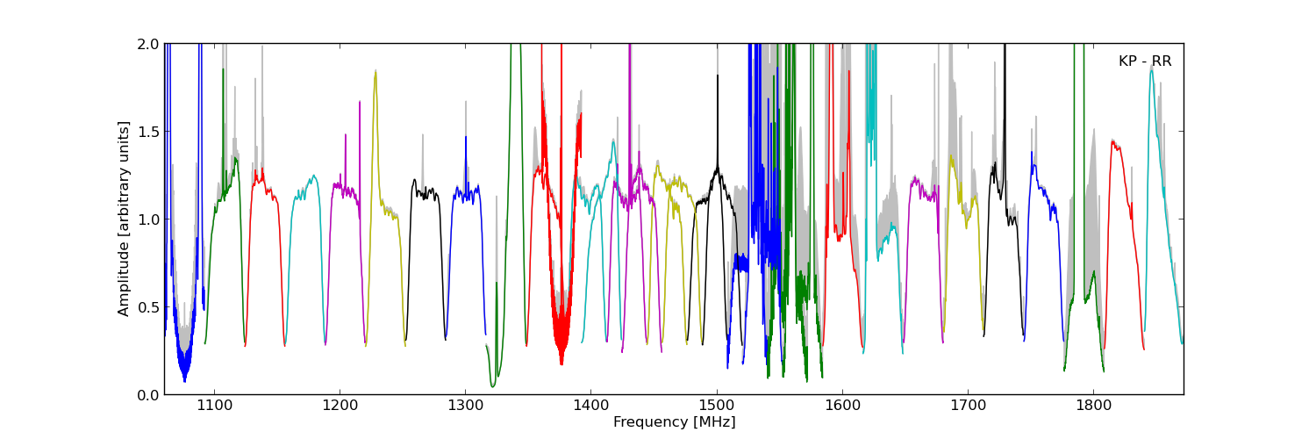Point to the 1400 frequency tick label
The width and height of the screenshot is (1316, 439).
tap(590, 407)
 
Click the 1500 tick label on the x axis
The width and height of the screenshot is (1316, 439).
tap(717, 407)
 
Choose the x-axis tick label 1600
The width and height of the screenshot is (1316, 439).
tap(842, 407)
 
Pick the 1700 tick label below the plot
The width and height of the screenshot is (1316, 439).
tap(968, 407)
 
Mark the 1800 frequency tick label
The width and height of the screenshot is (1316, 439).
tap(1093, 407)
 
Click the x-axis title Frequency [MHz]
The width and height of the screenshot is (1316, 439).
tap(674, 422)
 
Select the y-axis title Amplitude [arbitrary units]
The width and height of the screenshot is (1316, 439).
tap(125, 219)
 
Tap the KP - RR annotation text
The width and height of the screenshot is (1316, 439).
tap(1145, 61)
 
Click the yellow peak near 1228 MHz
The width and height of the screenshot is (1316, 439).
tap(375, 72)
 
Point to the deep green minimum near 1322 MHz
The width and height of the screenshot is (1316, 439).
tap(493, 385)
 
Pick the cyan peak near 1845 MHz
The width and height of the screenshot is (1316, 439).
tap(1151, 67)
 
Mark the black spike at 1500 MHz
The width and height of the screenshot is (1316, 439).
tap(717, 77)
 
